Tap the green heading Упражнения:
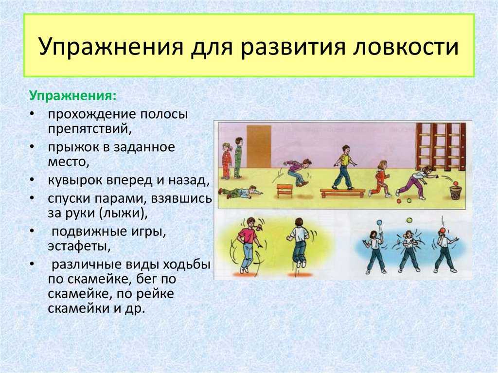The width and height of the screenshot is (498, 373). tap(73, 96)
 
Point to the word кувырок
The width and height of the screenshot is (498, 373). tap(75, 180)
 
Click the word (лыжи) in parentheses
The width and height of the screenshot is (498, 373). tap(124, 213)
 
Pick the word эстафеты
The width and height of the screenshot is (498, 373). tap(79, 247)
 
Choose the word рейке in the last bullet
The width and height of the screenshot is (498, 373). tap(155, 294)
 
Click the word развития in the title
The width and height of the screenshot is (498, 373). tap(292, 47)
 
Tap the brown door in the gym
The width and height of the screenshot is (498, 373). tap(259, 146)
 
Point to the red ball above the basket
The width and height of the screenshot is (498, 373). tap(456, 183)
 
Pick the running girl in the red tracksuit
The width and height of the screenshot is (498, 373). tap(380, 178)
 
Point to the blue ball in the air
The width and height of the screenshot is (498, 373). tap(378, 223)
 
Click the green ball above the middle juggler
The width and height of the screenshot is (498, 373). tap(409, 220)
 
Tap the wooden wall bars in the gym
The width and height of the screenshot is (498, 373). tap(441, 146)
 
